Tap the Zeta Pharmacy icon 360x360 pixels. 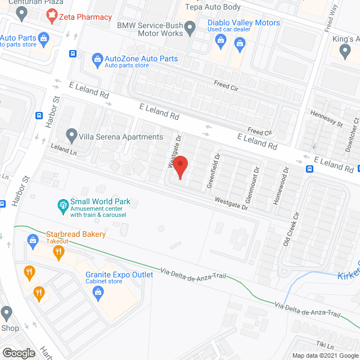pyautogui.click(x=52, y=17)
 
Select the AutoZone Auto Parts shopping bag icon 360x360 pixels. pyautogui.click(x=97, y=58)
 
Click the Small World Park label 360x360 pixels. pyautogui.click(x=100, y=201)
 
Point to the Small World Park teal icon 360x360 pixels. pyautogui.click(x=62, y=206)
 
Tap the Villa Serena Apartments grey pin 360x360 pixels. pyautogui.click(x=71, y=136)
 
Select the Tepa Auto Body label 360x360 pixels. pyautogui.click(x=214, y=7)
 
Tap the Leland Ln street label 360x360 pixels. pyautogui.click(x=64, y=151)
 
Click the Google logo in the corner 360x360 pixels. pyautogui.click(x=19, y=353)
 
